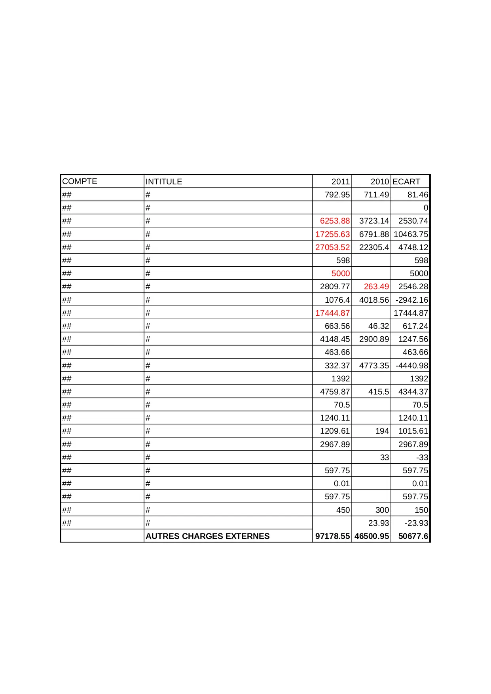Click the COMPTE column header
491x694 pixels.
tap(80, 181)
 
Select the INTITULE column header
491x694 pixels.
tap(164, 182)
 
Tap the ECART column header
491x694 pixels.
tap(406, 182)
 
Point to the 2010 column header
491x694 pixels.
tap(379, 182)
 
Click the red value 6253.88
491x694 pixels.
tap(335, 221)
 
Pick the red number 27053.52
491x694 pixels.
tap(332, 247)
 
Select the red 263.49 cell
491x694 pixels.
tap(376, 286)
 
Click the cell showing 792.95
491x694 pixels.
tap(337, 195)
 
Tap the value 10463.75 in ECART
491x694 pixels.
tap(411, 234)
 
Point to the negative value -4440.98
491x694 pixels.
tap(411, 366)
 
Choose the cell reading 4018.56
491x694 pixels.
tap(374, 300)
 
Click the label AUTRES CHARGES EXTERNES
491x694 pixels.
tap(207, 536)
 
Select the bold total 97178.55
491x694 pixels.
tap(332, 536)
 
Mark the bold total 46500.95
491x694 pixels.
tap(372, 536)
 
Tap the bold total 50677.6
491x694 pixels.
tap(413, 536)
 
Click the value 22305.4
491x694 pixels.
tap(374, 247)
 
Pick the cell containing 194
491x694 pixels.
tap(382, 431)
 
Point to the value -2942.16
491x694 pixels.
tap(411, 300)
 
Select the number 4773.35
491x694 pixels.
tap(374, 366)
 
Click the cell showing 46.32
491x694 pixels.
tap(379, 326)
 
